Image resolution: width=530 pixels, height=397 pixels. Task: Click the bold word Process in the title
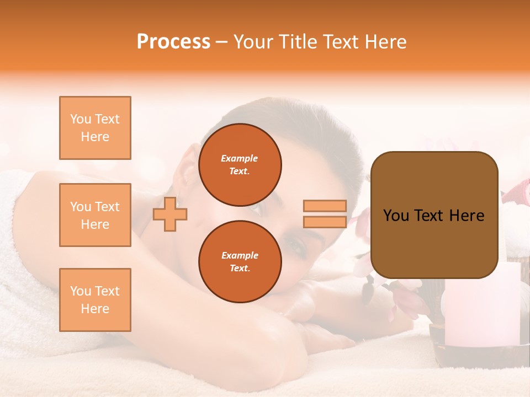coord(173,42)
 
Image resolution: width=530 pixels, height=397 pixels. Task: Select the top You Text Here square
coord(95,128)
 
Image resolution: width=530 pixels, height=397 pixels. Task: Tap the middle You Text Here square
coord(95,215)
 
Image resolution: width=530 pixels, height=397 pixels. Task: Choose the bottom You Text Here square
coord(95,299)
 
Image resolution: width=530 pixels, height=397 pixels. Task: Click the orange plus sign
coord(170,214)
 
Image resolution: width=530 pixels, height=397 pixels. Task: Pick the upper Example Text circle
coord(240,164)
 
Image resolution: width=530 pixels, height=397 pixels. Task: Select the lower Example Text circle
coord(240,261)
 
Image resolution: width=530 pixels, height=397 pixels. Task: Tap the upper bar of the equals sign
coord(325,206)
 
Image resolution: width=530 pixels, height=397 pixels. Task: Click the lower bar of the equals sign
coord(325,222)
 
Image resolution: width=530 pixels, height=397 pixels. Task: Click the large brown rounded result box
coord(434,215)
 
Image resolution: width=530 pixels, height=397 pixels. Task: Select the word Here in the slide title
coord(386,42)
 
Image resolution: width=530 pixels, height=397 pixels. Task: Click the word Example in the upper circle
coord(239,158)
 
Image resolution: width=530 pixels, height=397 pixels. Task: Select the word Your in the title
coord(253,42)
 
